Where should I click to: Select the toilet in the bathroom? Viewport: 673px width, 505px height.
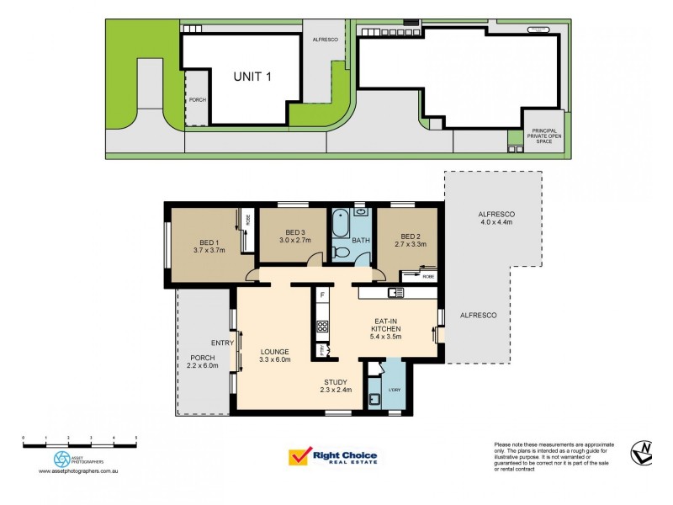click(341, 252)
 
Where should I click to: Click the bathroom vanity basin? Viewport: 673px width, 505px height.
click(359, 212)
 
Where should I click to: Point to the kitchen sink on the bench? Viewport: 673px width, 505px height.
click(395, 293)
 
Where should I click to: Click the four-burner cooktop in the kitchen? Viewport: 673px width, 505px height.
click(321, 326)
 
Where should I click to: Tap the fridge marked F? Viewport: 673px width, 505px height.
click(321, 295)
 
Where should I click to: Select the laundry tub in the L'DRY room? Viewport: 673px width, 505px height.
click(375, 400)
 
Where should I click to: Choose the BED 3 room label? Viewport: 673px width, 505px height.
click(294, 232)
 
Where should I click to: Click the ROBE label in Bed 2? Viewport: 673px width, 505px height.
click(428, 276)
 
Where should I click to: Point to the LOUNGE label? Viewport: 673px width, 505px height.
click(274, 352)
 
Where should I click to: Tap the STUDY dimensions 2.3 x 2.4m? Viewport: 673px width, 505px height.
click(335, 390)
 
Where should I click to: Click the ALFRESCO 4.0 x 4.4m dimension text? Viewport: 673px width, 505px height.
click(495, 222)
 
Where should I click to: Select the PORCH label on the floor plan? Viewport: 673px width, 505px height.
click(192, 358)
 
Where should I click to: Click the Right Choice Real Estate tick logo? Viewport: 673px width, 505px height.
click(299, 457)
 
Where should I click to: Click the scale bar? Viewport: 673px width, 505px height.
click(80, 441)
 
